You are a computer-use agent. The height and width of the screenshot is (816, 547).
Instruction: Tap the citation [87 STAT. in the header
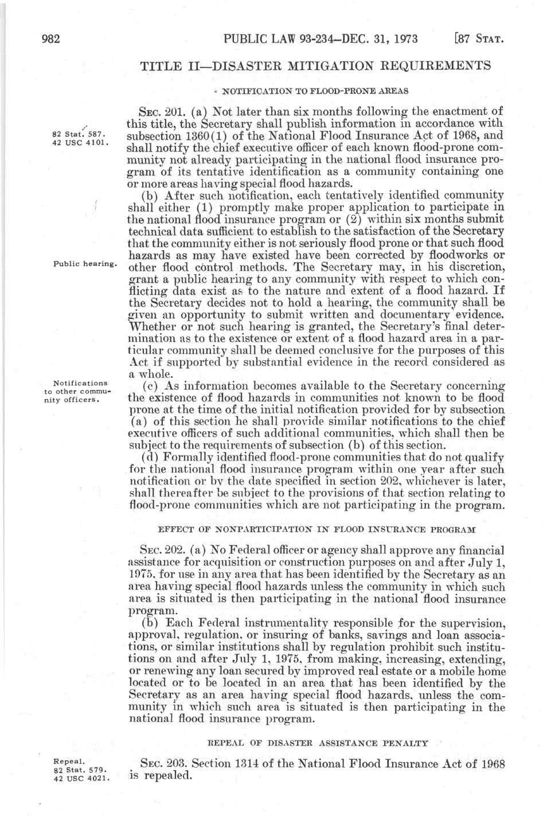point(478,40)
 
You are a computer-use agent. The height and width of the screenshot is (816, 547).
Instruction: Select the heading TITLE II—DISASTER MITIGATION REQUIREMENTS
point(315,65)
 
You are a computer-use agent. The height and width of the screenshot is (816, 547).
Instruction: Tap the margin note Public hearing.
point(84,264)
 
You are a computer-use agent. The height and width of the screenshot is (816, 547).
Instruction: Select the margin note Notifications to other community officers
point(80,392)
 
